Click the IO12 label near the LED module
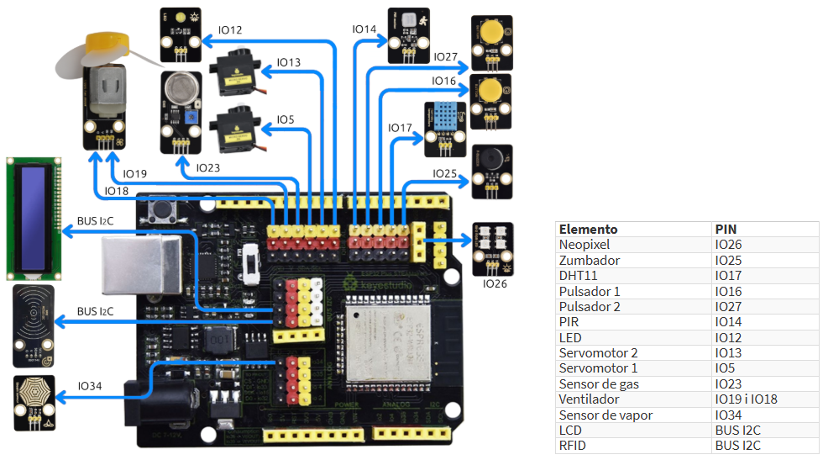point(229,31)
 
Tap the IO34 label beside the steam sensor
point(90,386)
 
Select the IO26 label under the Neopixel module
point(495,284)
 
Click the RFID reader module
point(34,325)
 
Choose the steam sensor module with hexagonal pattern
point(34,403)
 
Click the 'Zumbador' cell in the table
point(590,261)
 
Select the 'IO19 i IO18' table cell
point(747,399)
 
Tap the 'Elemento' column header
point(589,229)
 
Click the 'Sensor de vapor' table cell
point(605,415)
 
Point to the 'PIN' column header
point(726,229)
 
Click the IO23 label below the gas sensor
point(207,168)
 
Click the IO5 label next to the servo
point(286,120)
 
